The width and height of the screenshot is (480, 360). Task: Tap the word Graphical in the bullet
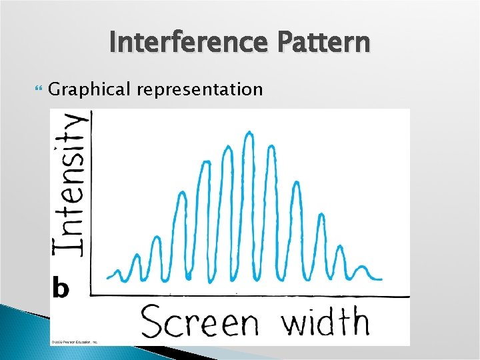click(x=90, y=89)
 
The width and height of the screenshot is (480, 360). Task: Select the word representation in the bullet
click(x=200, y=89)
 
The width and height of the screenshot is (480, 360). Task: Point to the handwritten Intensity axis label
click(x=70, y=183)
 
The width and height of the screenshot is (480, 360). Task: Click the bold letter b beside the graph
click(x=61, y=289)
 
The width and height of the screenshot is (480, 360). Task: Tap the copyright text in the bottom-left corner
click(x=75, y=341)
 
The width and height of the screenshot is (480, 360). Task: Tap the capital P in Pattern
click(x=288, y=42)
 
